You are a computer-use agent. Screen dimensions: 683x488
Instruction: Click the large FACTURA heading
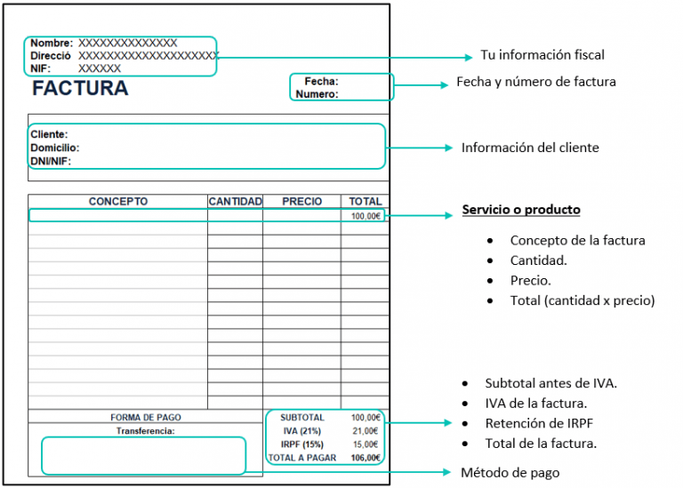pyautogui.click(x=80, y=89)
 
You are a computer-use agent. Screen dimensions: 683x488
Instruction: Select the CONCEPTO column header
pyautogui.click(x=118, y=202)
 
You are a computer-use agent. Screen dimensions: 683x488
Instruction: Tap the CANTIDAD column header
pyautogui.click(x=235, y=202)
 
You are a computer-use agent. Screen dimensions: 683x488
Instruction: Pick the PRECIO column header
pyautogui.click(x=301, y=202)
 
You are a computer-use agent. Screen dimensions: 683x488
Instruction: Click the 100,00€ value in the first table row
pyautogui.click(x=365, y=216)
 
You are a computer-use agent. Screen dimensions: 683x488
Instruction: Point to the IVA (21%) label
pyautogui.click(x=301, y=431)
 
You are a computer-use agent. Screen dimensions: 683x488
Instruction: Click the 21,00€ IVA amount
pyautogui.click(x=365, y=431)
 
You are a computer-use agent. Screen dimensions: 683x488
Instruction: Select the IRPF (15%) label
pyautogui.click(x=301, y=444)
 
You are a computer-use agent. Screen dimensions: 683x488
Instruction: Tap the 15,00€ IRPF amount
pyautogui.click(x=365, y=444)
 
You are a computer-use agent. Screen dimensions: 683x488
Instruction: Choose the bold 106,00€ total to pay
pyautogui.click(x=365, y=458)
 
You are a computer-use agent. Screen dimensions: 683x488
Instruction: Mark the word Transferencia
pyautogui.click(x=146, y=431)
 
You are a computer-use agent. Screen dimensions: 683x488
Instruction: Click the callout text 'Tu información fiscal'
pyautogui.click(x=542, y=55)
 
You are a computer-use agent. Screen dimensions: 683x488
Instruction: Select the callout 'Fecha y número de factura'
pyautogui.click(x=535, y=82)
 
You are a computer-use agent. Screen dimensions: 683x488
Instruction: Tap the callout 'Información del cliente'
pyautogui.click(x=529, y=148)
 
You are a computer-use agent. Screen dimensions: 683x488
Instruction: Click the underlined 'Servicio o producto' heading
pyautogui.click(x=521, y=210)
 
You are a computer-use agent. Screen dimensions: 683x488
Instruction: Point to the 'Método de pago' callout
pyautogui.click(x=510, y=472)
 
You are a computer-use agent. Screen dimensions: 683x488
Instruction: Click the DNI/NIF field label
pyautogui.click(x=51, y=162)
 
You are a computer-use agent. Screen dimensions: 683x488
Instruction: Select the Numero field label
pyautogui.click(x=317, y=93)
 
